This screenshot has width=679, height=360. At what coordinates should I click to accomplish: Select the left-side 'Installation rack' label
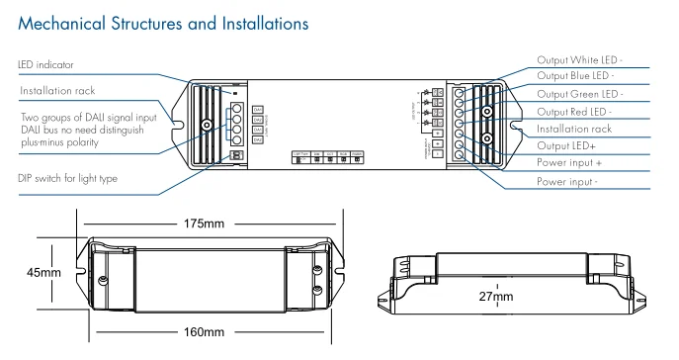tap(57, 92)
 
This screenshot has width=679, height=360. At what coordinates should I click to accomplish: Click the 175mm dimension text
tap(205, 224)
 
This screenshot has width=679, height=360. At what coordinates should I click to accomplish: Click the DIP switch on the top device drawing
tap(234, 155)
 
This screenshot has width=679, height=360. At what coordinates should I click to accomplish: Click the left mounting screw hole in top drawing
tap(207, 127)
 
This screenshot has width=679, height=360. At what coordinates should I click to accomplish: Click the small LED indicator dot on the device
tap(234, 90)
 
